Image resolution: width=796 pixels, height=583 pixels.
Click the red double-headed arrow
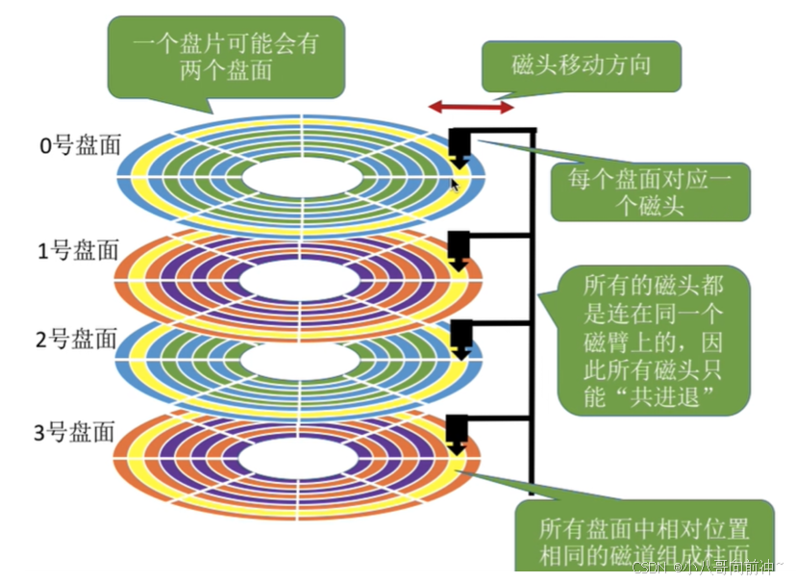click(x=471, y=108)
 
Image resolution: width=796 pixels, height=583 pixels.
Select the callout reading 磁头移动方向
click(x=582, y=66)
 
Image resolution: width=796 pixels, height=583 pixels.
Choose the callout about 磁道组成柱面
click(x=644, y=542)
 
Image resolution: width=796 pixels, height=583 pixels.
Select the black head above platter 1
click(x=460, y=247)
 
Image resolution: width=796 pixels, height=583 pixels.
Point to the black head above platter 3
click(x=459, y=433)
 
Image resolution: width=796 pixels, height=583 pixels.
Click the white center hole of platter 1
click(x=299, y=279)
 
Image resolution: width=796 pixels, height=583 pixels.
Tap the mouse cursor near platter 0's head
click(x=456, y=183)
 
